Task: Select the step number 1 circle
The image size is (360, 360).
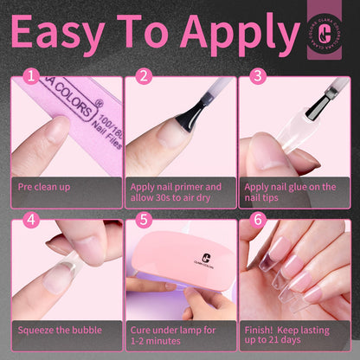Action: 31,76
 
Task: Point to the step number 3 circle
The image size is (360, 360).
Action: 257,76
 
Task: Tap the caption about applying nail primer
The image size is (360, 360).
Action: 176,192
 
